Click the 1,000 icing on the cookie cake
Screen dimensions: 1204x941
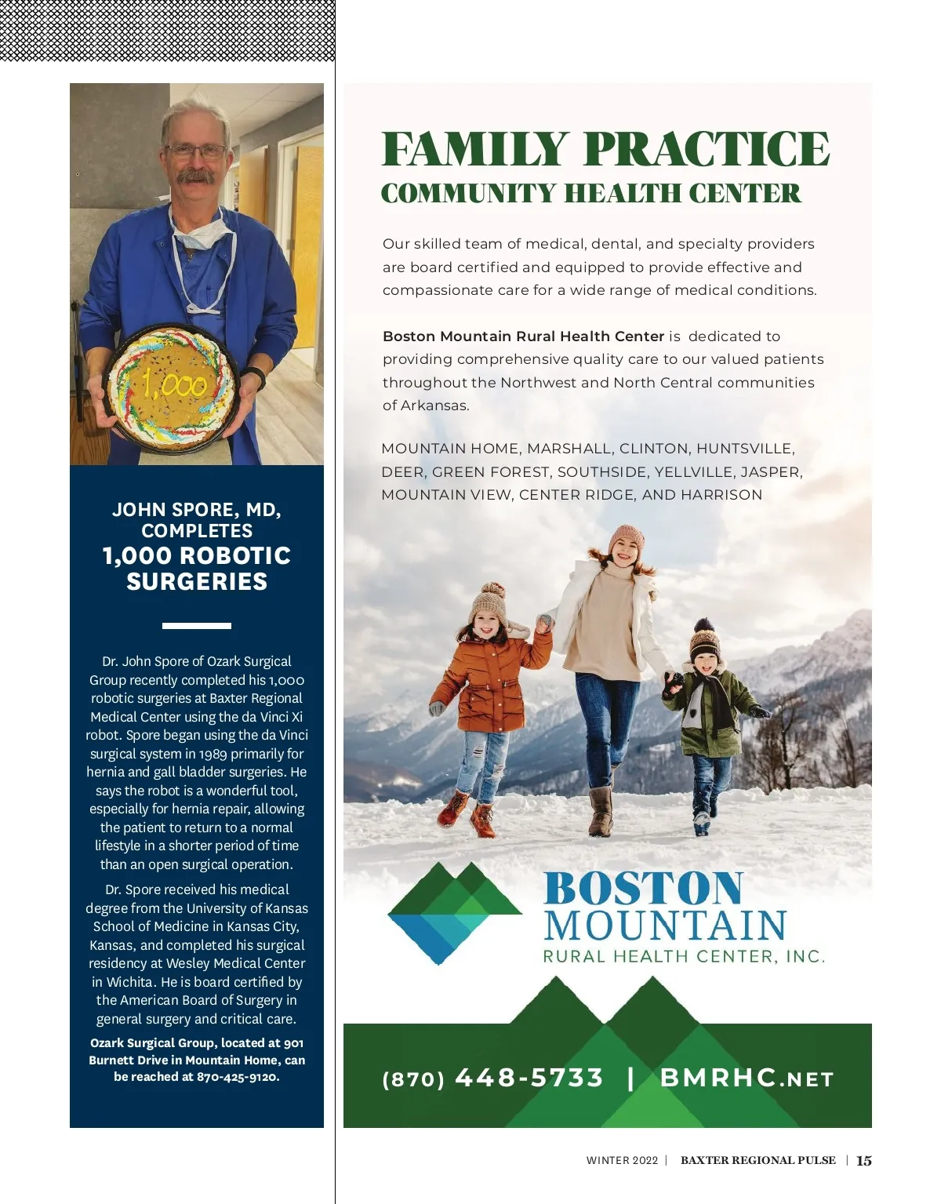(x=175, y=384)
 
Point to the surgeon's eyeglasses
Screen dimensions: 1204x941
(x=196, y=151)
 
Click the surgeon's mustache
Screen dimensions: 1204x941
(x=195, y=176)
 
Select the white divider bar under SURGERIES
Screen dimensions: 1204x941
(x=196, y=625)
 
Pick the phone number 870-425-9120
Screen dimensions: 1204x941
(x=238, y=1077)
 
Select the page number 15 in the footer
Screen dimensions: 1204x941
(x=863, y=1160)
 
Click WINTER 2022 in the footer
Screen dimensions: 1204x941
(x=622, y=1160)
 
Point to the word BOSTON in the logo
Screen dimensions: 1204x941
(x=643, y=889)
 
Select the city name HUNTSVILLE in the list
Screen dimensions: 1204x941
(x=744, y=449)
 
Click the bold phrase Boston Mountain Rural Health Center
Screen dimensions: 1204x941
(x=523, y=336)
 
